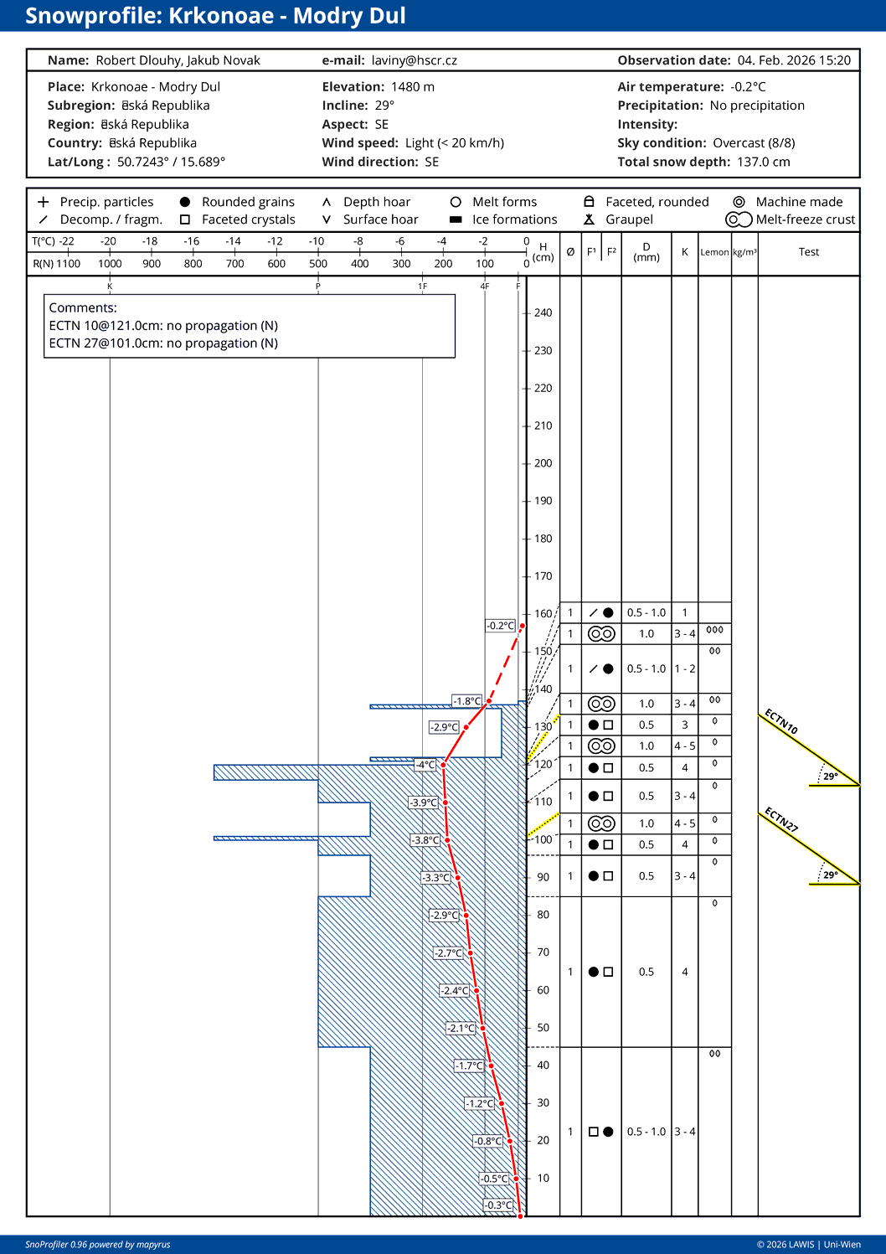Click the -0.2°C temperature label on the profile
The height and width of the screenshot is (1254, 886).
click(x=501, y=626)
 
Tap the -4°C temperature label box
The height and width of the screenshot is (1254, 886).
click(x=425, y=765)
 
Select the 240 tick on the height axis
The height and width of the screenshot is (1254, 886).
click(x=543, y=313)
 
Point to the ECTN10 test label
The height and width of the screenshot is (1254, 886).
click(x=781, y=721)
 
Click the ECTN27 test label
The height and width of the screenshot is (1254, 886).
click(x=781, y=819)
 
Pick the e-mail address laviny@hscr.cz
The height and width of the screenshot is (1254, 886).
click(x=414, y=60)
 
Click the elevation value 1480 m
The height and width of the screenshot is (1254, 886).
click(x=412, y=87)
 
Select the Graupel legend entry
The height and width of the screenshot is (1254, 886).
click(x=629, y=219)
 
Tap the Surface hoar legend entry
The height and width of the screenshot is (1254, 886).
click(x=380, y=219)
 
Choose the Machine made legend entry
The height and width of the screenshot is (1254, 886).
click(x=799, y=202)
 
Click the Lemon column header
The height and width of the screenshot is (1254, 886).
click(x=714, y=252)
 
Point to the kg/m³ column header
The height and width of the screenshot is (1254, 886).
click(x=744, y=252)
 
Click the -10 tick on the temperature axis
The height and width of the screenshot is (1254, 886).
click(x=317, y=241)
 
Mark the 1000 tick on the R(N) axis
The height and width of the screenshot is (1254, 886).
click(x=110, y=264)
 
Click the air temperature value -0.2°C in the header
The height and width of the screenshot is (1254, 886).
click(x=748, y=87)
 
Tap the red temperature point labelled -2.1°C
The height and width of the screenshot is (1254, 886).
click(x=482, y=1028)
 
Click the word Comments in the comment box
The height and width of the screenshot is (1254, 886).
click(x=82, y=308)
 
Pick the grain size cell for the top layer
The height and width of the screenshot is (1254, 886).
click(x=646, y=613)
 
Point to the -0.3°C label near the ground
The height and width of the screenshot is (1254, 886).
click(x=498, y=1205)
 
